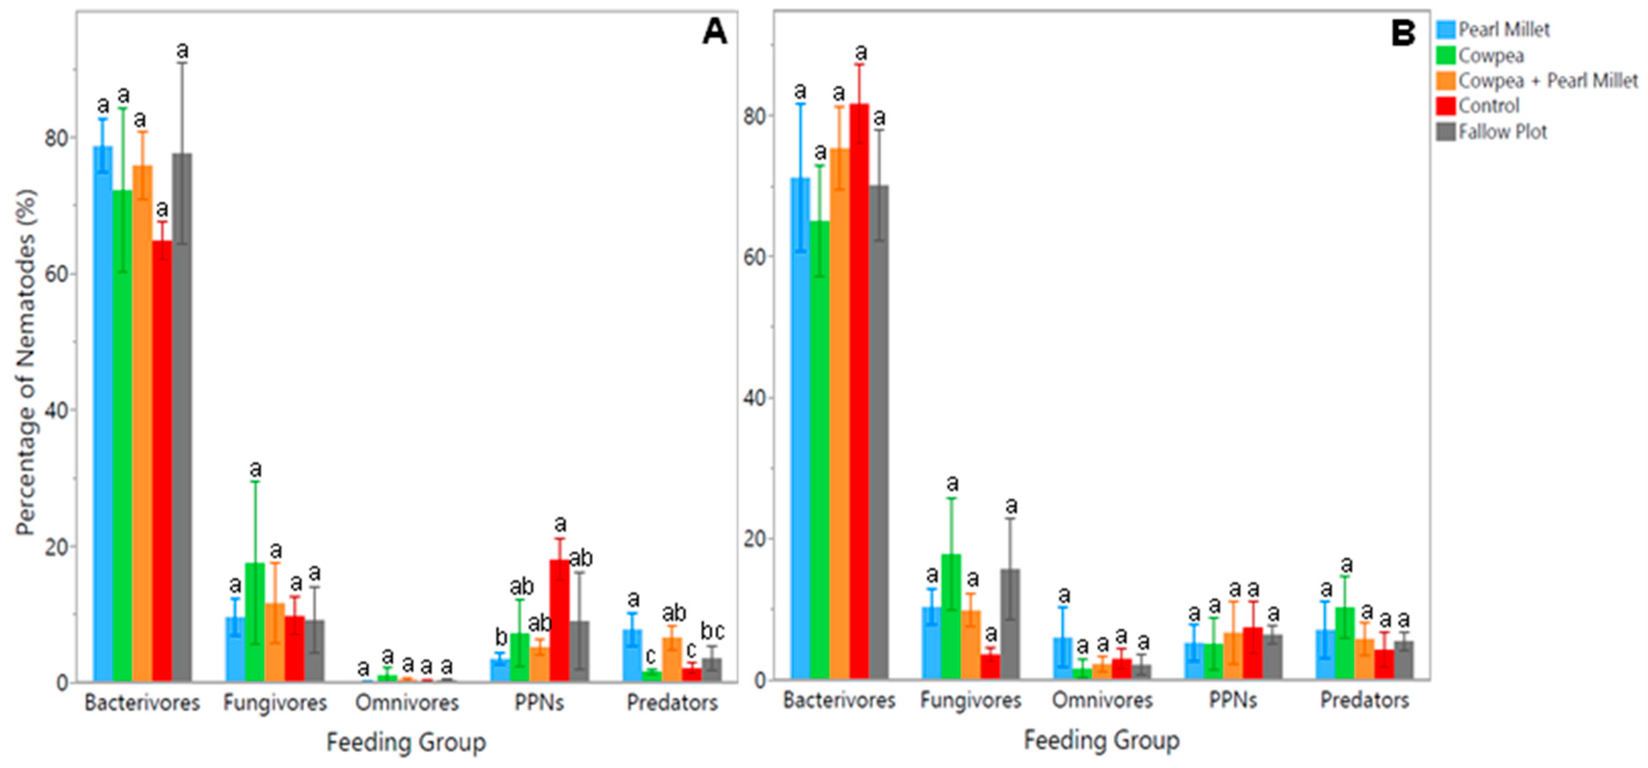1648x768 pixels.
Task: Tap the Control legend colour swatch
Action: (x=1446, y=106)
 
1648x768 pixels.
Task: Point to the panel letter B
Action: (x=1403, y=32)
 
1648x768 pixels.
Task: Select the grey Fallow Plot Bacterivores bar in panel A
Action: (x=182, y=416)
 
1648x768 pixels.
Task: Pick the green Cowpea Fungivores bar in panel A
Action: (x=255, y=621)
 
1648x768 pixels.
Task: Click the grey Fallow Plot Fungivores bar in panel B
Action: (x=1010, y=624)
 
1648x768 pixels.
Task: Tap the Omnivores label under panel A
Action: (x=407, y=703)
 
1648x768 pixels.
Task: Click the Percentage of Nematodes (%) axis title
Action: (x=27, y=361)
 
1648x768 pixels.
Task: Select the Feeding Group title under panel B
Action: (x=1101, y=741)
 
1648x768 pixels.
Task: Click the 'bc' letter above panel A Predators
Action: (x=712, y=631)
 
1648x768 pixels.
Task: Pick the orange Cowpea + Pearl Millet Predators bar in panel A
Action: (x=672, y=659)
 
